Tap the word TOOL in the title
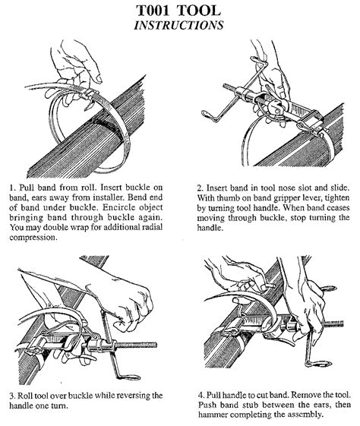(205, 10)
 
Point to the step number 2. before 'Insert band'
(199, 185)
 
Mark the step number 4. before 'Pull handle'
(199, 395)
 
